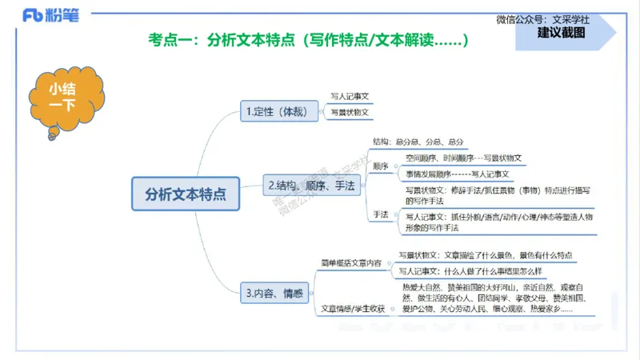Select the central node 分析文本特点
185,194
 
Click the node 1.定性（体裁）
274,112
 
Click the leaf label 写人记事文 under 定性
350,98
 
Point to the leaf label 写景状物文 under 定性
350,114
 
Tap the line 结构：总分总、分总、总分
418,142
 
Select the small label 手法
381,215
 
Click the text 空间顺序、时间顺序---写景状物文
463,158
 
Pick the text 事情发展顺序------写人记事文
457,174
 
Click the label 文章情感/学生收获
353,308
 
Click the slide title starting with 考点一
308,40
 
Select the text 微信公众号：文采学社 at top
542,19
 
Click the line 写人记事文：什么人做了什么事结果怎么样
483,271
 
